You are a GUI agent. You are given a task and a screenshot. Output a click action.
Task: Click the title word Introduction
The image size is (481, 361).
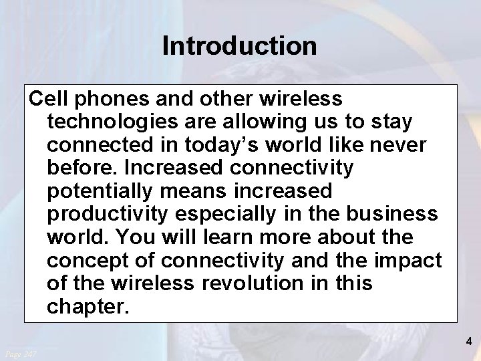coord(239,46)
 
